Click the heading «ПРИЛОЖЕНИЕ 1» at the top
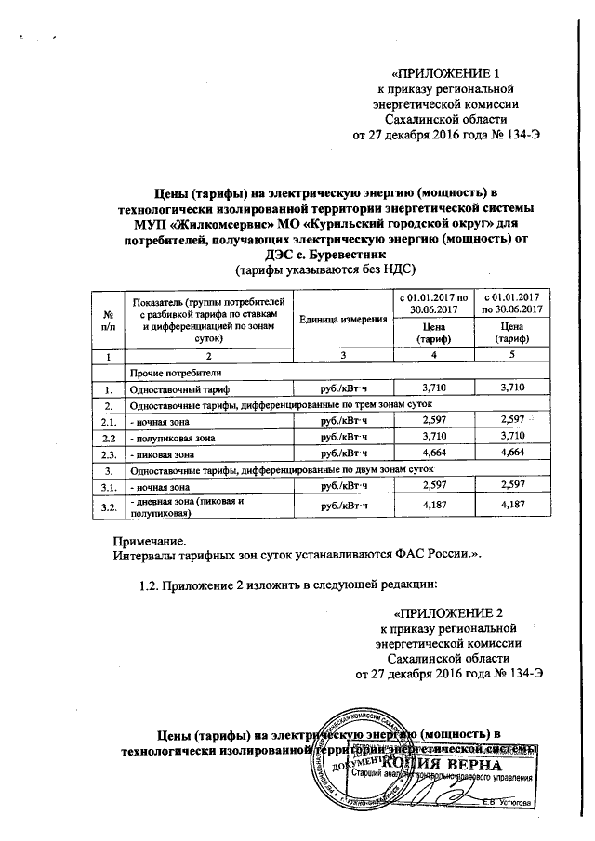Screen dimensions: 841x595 click(450, 73)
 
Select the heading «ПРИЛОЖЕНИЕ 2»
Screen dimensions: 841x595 click(450, 613)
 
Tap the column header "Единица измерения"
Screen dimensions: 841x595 click(343, 320)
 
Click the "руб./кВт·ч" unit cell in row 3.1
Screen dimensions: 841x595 click(343, 488)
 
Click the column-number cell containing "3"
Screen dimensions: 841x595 click(343, 356)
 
